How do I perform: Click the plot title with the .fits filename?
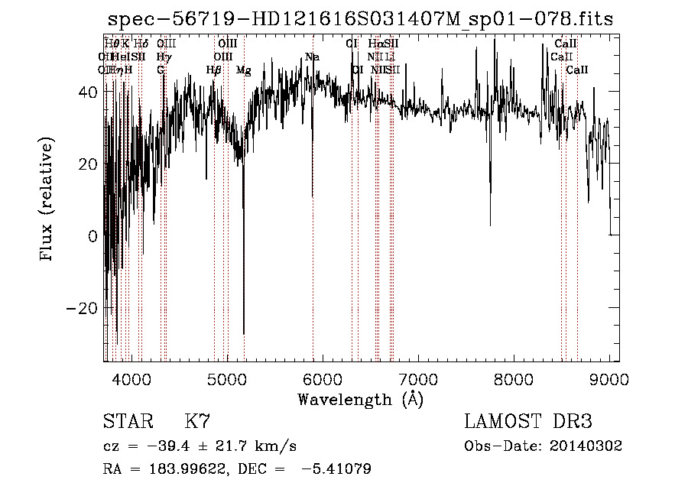pos(360,19)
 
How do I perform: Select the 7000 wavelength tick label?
pos(418,378)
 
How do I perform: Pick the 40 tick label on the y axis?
pos(88,92)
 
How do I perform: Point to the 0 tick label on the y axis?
pos(92,236)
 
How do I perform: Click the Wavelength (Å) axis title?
pos(360,399)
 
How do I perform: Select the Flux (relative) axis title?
pos(48,200)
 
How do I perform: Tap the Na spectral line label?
pos(311,57)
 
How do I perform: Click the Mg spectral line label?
pos(243,70)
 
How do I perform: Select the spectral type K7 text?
pos(197,422)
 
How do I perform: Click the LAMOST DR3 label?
pos(527,422)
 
